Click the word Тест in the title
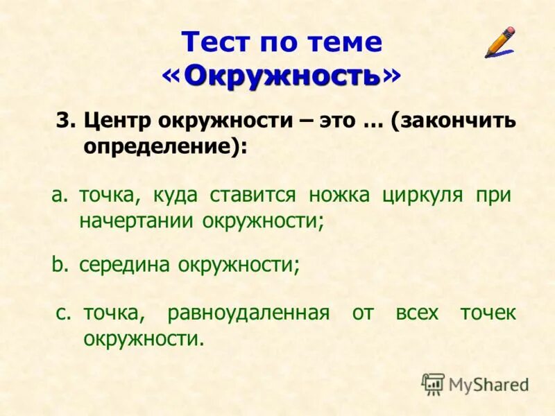216,43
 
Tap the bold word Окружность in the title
282,75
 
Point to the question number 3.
65,121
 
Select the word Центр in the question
117,121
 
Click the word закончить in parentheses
458,121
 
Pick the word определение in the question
162,147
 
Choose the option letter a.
58,196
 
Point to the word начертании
137,222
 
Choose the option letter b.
58,264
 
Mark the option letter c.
63,313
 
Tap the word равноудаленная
248,313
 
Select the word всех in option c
417,313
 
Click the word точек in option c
488,313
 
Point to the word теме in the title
345,43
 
